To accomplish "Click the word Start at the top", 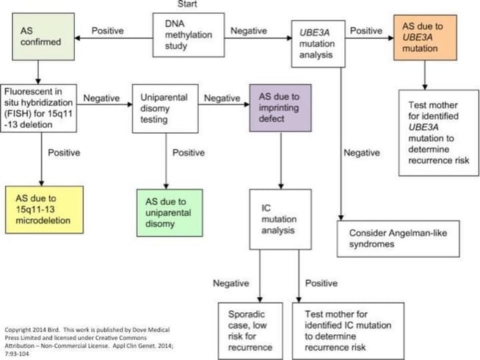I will click(186, 5).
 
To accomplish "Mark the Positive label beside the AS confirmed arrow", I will click(106, 31).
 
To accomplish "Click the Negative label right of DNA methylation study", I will click(250, 31).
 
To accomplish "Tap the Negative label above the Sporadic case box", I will click(233, 283).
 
